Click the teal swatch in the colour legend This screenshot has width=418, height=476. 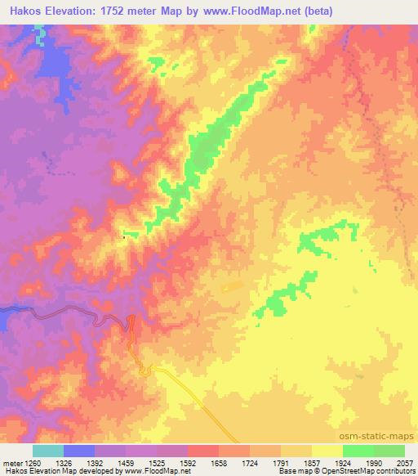point(48,451)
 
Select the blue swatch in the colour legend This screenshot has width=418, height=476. point(79,451)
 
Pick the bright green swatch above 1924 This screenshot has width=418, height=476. point(358,451)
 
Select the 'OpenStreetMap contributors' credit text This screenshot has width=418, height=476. point(365,471)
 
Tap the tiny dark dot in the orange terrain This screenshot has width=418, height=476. point(123,237)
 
